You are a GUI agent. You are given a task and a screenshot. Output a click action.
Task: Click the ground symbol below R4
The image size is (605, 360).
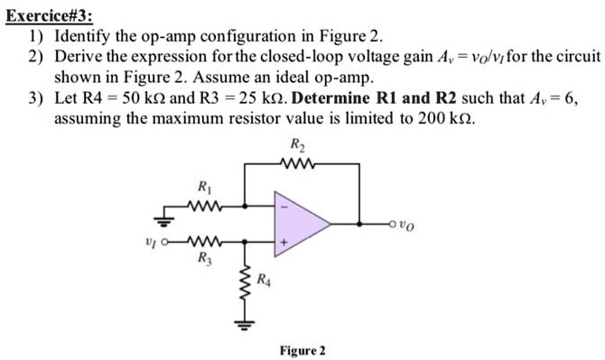coord(241,317)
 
